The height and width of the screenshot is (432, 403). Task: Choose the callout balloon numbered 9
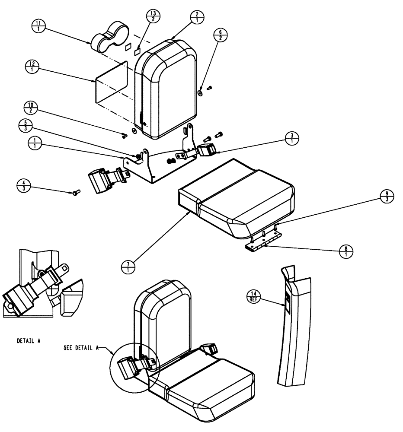tap(386, 196)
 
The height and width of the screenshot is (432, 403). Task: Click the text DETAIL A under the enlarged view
tap(29, 340)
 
